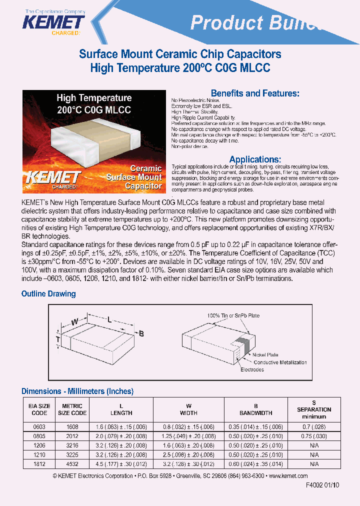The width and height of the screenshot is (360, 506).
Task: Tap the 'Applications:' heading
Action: click(255, 159)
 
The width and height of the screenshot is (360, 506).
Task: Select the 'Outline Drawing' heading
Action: click(48, 293)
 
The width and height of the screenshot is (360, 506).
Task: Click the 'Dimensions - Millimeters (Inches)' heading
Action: click(77, 391)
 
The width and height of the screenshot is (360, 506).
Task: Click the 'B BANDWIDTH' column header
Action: click(255, 409)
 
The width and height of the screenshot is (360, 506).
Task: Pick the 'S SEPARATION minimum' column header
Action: click(314, 409)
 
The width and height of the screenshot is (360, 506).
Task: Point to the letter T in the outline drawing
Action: click(58, 340)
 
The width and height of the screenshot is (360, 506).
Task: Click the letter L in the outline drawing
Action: click(108, 318)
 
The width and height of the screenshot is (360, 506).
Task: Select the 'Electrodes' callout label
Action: click(252, 369)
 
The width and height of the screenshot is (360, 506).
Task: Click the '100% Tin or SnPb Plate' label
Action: click(233, 315)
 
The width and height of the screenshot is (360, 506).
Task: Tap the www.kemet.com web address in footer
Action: click(288, 476)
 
